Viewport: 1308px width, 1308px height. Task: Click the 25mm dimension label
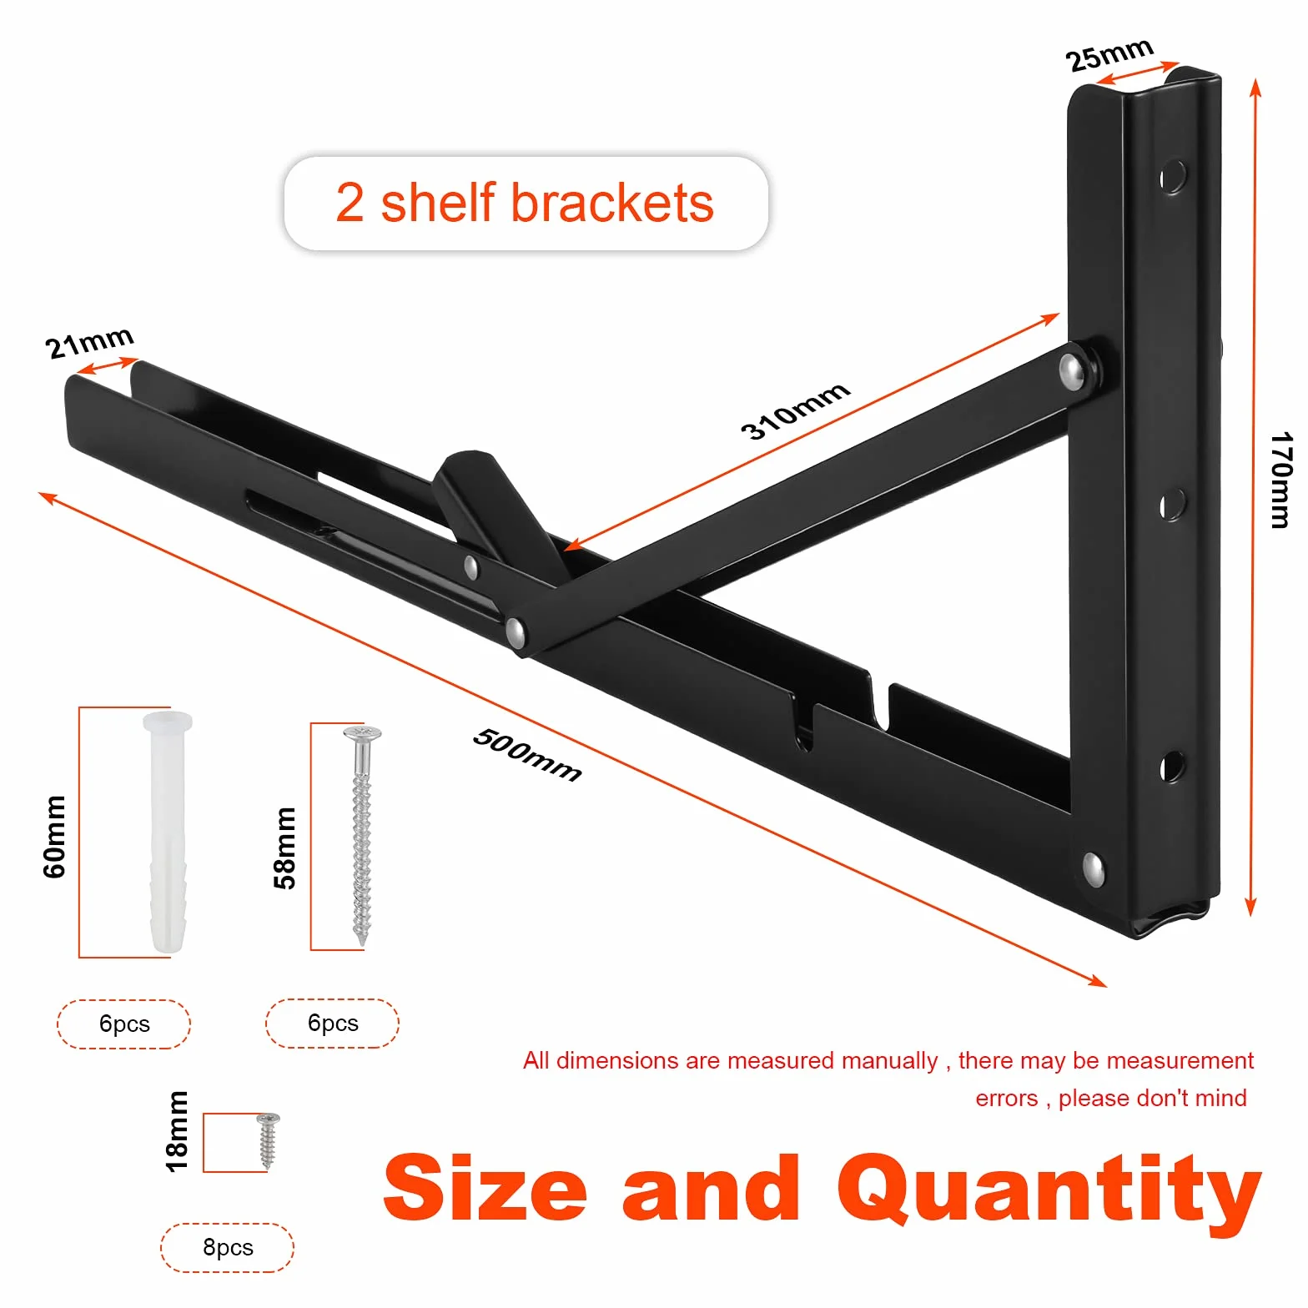tap(1109, 54)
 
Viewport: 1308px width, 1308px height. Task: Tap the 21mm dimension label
tap(89, 342)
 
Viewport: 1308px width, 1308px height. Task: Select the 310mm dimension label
tap(795, 410)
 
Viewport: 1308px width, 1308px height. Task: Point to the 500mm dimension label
tap(527, 754)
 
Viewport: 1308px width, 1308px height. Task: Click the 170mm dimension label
tap(1281, 480)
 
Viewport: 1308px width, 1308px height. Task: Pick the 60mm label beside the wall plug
tap(54, 836)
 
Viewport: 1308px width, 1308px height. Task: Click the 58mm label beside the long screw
tap(284, 848)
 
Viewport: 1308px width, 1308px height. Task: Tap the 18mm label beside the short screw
tap(177, 1131)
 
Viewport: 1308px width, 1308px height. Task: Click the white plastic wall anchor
tap(168, 831)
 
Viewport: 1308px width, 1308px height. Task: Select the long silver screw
tap(362, 835)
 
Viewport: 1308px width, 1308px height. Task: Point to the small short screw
tap(268, 1140)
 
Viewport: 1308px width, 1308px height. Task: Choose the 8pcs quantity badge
tap(228, 1247)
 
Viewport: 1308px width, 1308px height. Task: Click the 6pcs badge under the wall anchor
tap(124, 1024)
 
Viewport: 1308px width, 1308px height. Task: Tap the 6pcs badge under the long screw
tap(333, 1023)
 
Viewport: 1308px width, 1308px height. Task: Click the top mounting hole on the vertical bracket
tap(1172, 177)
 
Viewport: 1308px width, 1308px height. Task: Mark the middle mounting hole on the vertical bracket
tap(1172, 505)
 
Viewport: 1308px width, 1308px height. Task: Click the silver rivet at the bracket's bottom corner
tap(1093, 869)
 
